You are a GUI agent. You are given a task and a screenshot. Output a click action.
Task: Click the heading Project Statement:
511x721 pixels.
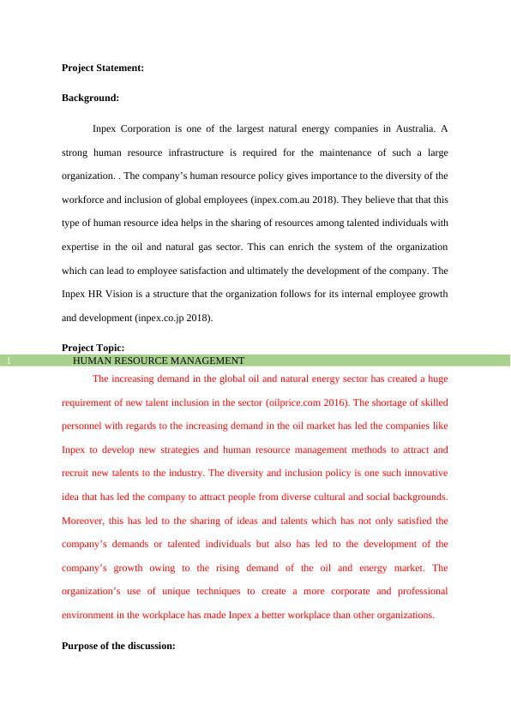[x=103, y=67]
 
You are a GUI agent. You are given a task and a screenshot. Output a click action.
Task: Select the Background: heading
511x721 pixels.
[x=90, y=98]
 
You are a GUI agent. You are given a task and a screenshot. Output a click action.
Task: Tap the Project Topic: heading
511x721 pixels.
[x=93, y=347]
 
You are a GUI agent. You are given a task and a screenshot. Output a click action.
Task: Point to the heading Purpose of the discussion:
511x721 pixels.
[x=118, y=647]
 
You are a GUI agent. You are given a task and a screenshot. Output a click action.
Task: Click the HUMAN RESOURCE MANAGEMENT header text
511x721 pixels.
[x=159, y=361]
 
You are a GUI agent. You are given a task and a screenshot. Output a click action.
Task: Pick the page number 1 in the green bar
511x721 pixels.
[x=7, y=361]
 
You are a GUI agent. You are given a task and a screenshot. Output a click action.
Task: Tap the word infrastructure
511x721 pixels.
[x=209, y=152]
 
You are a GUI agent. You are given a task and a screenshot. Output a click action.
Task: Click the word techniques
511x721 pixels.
[x=213, y=591]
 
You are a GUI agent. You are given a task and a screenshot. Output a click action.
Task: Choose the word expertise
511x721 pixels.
[x=83, y=247]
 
